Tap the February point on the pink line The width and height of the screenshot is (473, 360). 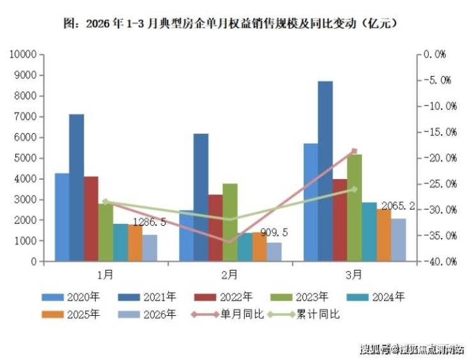(x=229, y=241)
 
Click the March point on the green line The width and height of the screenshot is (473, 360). (x=353, y=189)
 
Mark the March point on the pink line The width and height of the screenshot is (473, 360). (x=353, y=151)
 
